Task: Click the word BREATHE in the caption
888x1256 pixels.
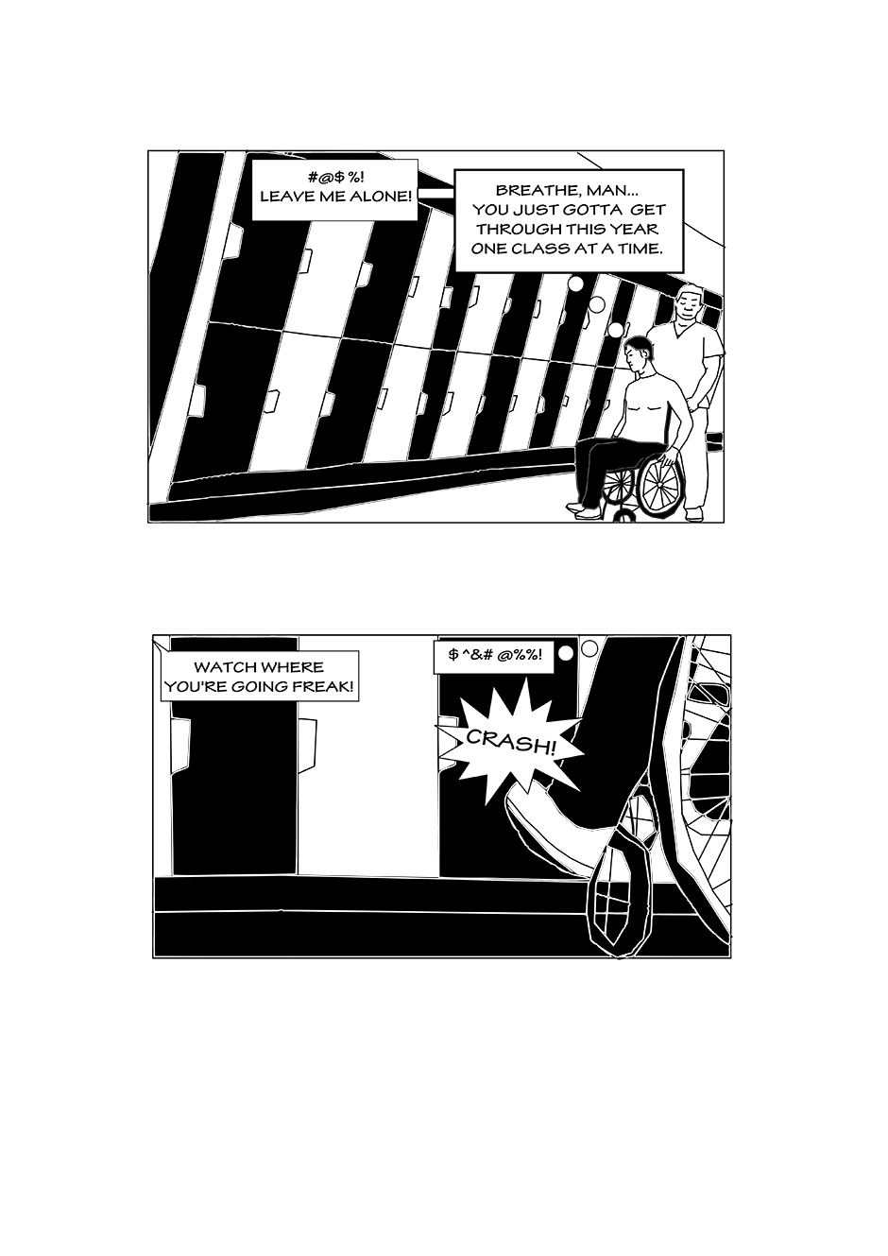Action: (x=532, y=190)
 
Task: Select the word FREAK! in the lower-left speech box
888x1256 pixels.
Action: (x=327, y=687)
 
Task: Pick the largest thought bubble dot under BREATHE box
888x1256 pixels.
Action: (x=576, y=284)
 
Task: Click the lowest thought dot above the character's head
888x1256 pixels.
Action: (x=616, y=330)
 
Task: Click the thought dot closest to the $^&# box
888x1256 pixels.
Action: (x=567, y=653)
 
